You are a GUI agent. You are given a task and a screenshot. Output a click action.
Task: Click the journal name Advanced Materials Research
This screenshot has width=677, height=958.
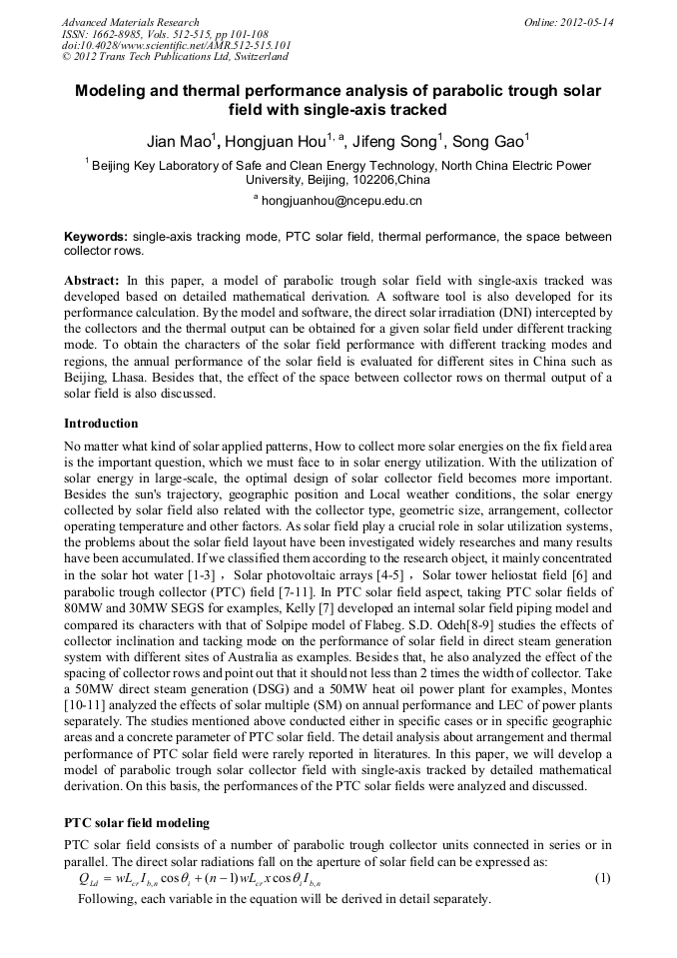pyautogui.click(x=130, y=21)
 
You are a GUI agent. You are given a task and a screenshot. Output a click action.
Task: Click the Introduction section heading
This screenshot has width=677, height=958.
pyautogui.click(x=101, y=424)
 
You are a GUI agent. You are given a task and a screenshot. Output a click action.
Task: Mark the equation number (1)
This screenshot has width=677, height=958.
pyautogui.click(x=602, y=878)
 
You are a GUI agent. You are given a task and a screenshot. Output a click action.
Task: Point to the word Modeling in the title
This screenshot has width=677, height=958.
pyautogui.click(x=118, y=91)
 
